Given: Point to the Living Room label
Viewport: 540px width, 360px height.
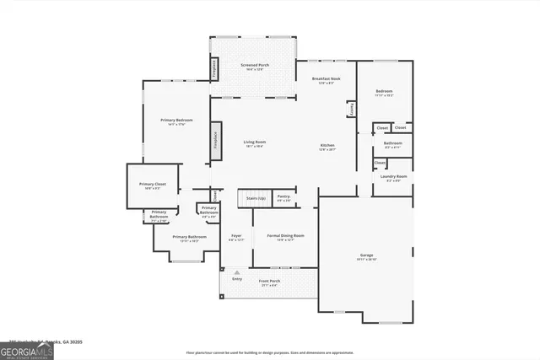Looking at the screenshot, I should coord(254,142).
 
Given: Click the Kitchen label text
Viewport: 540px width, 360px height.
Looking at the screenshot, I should coord(327,146).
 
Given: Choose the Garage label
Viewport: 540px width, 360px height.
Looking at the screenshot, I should coord(366,255).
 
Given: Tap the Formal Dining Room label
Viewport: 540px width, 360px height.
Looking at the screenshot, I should coord(285,235).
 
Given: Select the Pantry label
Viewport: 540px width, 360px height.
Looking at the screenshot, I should coord(283,196).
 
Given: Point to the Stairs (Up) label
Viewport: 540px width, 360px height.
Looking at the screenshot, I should coord(256,198).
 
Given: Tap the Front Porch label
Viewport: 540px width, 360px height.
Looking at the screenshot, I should coord(269,281).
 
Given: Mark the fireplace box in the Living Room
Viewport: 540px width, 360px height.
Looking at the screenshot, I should coord(214,138).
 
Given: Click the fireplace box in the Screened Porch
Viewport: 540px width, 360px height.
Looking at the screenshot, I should coord(214,67).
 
